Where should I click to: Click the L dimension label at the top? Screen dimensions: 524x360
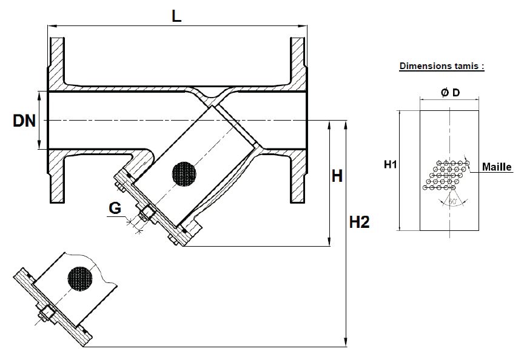click(x=176, y=16)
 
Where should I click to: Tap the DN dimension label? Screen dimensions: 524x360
click(x=24, y=121)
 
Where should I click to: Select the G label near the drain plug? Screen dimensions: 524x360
click(x=115, y=208)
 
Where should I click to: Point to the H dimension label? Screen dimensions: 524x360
click(x=337, y=176)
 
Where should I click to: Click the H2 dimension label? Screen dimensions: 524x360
click(x=359, y=222)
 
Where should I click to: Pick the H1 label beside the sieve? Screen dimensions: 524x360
click(x=390, y=164)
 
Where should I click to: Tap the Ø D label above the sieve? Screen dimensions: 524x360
click(x=450, y=93)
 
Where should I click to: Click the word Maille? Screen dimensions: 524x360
click(x=497, y=167)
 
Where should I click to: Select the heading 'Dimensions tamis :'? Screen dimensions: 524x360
click(x=442, y=66)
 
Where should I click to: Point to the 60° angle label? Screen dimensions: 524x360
click(x=453, y=201)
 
